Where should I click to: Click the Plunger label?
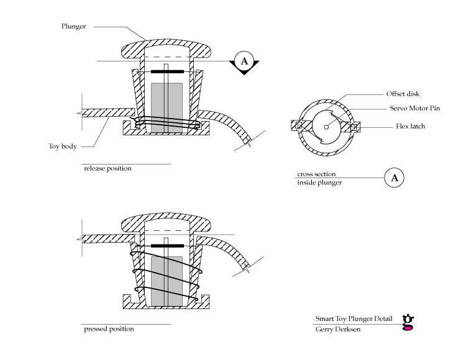(73, 27)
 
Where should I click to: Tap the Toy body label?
(63, 146)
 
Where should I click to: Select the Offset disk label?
(403, 94)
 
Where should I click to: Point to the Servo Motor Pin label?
(414, 109)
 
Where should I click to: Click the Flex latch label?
(411, 126)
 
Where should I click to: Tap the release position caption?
(107, 169)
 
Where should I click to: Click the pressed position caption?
(109, 329)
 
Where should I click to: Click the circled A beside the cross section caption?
(395, 178)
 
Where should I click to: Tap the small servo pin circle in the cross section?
(326, 127)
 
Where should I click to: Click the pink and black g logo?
(408, 322)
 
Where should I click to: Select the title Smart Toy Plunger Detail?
(354, 319)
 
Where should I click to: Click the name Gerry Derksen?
(338, 329)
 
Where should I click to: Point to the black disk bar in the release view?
(167, 71)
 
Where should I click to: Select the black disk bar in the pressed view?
(167, 246)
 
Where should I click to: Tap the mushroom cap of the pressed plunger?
(166, 220)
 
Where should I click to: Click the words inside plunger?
(319, 182)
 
